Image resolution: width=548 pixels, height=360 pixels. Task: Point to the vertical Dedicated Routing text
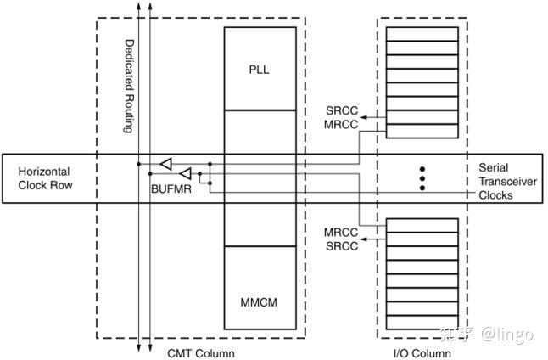(x=130, y=86)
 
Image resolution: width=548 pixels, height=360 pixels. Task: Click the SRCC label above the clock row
(x=340, y=111)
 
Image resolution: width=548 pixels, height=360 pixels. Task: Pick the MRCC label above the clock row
(x=340, y=125)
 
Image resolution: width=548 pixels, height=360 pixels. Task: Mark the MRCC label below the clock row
(x=340, y=232)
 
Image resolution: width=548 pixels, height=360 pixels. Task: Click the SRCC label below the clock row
(x=340, y=245)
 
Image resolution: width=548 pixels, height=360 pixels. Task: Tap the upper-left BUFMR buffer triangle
(x=166, y=162)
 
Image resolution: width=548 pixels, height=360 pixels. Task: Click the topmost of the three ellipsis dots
(x=422, y=168)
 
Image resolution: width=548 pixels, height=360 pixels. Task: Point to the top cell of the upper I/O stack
(x=421, y=33)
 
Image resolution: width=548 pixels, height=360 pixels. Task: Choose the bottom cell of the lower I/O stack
(x=421, y=323)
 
